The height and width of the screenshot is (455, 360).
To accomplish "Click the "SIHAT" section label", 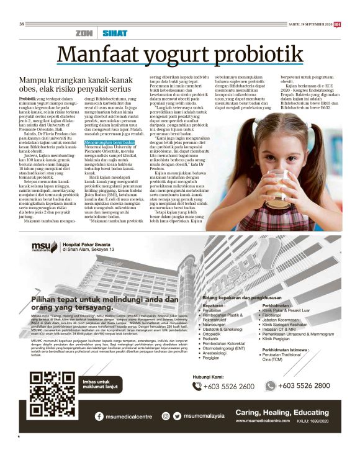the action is point(115,33).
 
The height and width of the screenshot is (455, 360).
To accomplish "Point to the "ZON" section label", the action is point(83,33).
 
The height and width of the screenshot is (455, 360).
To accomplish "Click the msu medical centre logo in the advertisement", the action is point(44,247).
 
